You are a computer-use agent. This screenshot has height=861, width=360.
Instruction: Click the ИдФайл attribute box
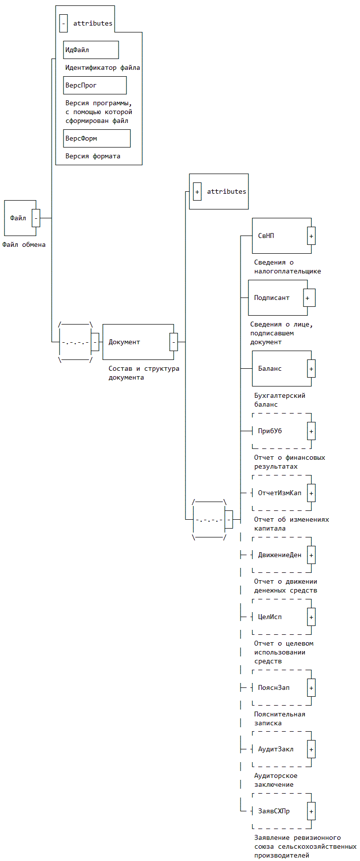91,50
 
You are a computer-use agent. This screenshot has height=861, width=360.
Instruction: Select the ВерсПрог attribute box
95,85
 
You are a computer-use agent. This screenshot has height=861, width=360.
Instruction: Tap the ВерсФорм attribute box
97,138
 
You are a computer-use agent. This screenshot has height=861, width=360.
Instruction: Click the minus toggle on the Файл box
36,218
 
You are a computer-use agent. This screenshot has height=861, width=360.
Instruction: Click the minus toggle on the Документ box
174,342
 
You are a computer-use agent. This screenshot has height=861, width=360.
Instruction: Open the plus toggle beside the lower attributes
197,191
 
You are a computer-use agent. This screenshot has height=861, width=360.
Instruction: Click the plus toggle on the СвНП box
311,236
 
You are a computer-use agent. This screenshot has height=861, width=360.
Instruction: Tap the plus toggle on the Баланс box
311,368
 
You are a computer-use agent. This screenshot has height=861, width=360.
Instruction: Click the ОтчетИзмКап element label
279,493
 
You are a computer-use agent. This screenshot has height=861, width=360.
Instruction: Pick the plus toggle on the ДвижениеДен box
311,555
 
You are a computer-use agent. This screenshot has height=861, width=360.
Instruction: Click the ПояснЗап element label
273,687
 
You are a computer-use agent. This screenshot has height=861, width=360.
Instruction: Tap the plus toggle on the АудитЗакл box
311,749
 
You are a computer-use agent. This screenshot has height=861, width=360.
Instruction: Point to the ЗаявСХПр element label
273,811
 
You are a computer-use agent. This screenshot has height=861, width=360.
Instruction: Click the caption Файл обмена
24,244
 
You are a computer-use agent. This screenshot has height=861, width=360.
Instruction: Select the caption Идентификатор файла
102,67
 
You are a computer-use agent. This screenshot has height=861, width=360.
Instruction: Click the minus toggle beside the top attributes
63,23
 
